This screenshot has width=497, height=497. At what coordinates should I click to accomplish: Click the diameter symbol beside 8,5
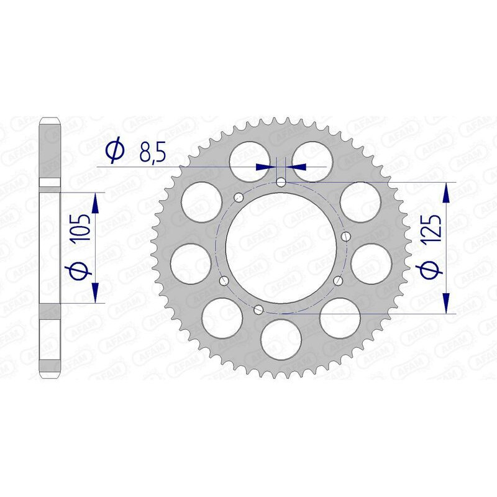click(116, 152)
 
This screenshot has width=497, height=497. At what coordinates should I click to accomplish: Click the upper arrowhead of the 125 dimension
click(445, 193)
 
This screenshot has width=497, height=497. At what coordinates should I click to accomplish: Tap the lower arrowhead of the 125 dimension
click(445, 303)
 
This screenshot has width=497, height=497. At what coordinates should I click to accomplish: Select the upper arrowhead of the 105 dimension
click(95, 201)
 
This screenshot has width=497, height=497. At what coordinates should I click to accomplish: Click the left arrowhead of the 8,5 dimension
click(265, 166)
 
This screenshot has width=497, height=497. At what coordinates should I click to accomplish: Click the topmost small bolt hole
click(281, 182)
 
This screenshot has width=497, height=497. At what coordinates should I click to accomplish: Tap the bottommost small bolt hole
click(260, 309)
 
